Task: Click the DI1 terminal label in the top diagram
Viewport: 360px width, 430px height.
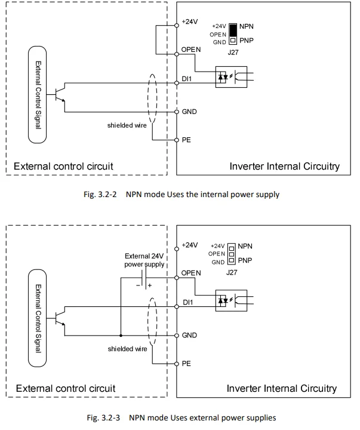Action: coord(187,79)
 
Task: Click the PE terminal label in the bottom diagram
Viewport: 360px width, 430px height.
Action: coord(186,364)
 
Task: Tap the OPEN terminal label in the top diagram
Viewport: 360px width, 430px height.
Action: coord(191,49)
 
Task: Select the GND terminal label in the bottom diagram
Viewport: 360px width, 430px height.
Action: coord(189,336)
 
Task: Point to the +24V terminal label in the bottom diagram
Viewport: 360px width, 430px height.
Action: coord(189,245)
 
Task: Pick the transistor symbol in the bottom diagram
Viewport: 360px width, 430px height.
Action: coord(59,317)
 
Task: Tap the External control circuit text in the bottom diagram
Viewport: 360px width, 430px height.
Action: coord(64,389)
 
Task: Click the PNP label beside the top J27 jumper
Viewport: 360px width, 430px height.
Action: coord(246,41)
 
